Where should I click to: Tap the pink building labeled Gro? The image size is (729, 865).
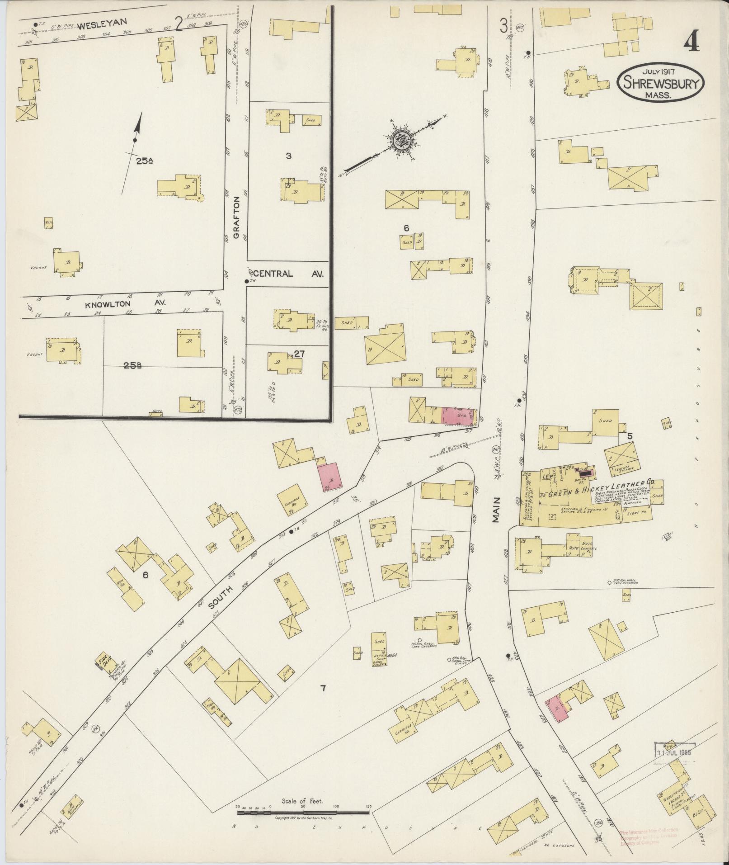[x=460, y=416]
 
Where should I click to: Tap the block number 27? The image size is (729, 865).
[x=299, y=354]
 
